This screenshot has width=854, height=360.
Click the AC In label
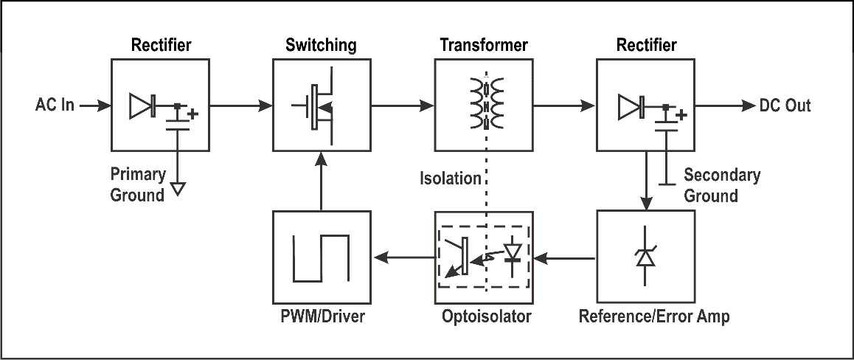point(55,105)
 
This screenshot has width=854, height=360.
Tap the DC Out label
point(785,105)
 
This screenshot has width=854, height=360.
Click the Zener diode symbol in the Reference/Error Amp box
point(646,257)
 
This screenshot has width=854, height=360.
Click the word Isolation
point(450,179)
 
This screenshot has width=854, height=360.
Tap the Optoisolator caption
point(486,317)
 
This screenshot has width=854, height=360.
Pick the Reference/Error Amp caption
point(654,317)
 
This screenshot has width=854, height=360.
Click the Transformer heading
point(484,45)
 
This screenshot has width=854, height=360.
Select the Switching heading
point(321,45)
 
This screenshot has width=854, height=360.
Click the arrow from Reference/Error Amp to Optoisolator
point(565,258)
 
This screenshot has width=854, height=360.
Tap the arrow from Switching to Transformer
point(402,105)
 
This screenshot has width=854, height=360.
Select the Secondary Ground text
point(721,185)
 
